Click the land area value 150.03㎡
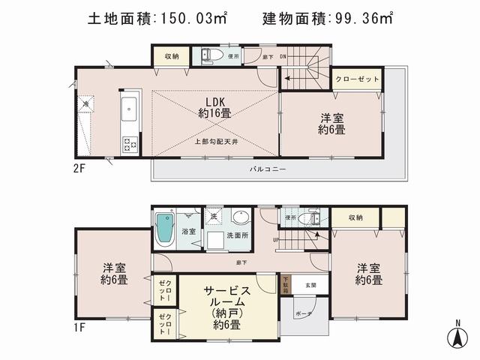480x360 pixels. (186, 16)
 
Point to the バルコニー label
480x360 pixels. (268, 169)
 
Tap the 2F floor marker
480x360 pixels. (80, 169)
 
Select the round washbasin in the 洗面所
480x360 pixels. (239, 218)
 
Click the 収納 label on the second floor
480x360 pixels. (171, 55)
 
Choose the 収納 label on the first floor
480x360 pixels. (355, 217)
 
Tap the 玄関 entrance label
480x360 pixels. (310, 285)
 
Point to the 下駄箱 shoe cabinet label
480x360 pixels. (286, 284)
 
